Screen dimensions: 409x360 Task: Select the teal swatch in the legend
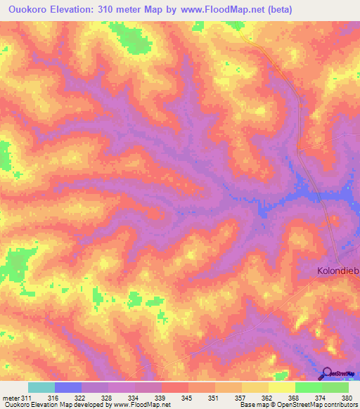tap(41, 387)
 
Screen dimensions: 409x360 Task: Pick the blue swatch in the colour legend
tap(68, 387)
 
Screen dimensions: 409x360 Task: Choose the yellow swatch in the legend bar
tap(281, 387)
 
